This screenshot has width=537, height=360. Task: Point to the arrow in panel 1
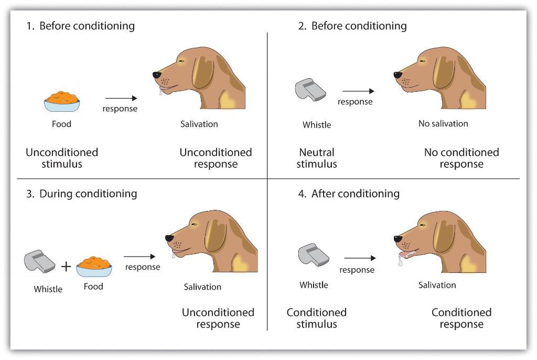tap(121, 98)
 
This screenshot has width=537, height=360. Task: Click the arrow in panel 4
tap(359, 258)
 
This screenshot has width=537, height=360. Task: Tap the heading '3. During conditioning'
tap(81, 194)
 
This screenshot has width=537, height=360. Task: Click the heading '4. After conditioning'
tap(349, 194)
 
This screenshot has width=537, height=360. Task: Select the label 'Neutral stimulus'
tap(317, 158)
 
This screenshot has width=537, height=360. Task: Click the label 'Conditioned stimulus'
tap(317, 318)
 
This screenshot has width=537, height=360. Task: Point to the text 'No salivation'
tap(443, 124)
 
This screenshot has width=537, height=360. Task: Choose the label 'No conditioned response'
tap(461, 158)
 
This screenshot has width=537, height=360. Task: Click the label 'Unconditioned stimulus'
tap(62, 158)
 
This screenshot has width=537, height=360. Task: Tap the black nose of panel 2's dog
tap(398, 75)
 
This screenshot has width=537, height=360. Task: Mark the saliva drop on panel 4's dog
tap(400, 260)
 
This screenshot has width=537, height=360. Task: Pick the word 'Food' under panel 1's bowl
tap(61, 124)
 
